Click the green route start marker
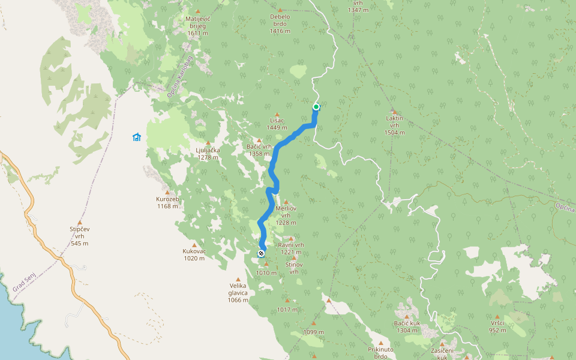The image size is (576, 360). point(316,107)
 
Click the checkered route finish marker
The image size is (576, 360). point(261,254)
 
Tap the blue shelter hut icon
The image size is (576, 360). point(137,137)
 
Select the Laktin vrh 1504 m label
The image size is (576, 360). point(394,125)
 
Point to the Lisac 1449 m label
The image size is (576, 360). point(277,124)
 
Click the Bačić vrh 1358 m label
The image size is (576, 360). point(260,150)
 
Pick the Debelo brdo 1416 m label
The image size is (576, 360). point(280,23)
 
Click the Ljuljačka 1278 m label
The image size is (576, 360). point(208,154)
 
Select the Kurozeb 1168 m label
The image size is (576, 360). point(167,202)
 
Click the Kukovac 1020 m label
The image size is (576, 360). point(194,255)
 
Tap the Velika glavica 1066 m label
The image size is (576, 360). point(238,293)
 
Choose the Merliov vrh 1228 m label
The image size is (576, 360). point(286,215)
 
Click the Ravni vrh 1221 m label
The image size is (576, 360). point(291,248)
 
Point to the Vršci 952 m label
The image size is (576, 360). point(497,326)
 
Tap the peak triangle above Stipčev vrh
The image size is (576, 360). point(79,222)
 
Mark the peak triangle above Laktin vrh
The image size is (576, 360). point(394,112)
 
